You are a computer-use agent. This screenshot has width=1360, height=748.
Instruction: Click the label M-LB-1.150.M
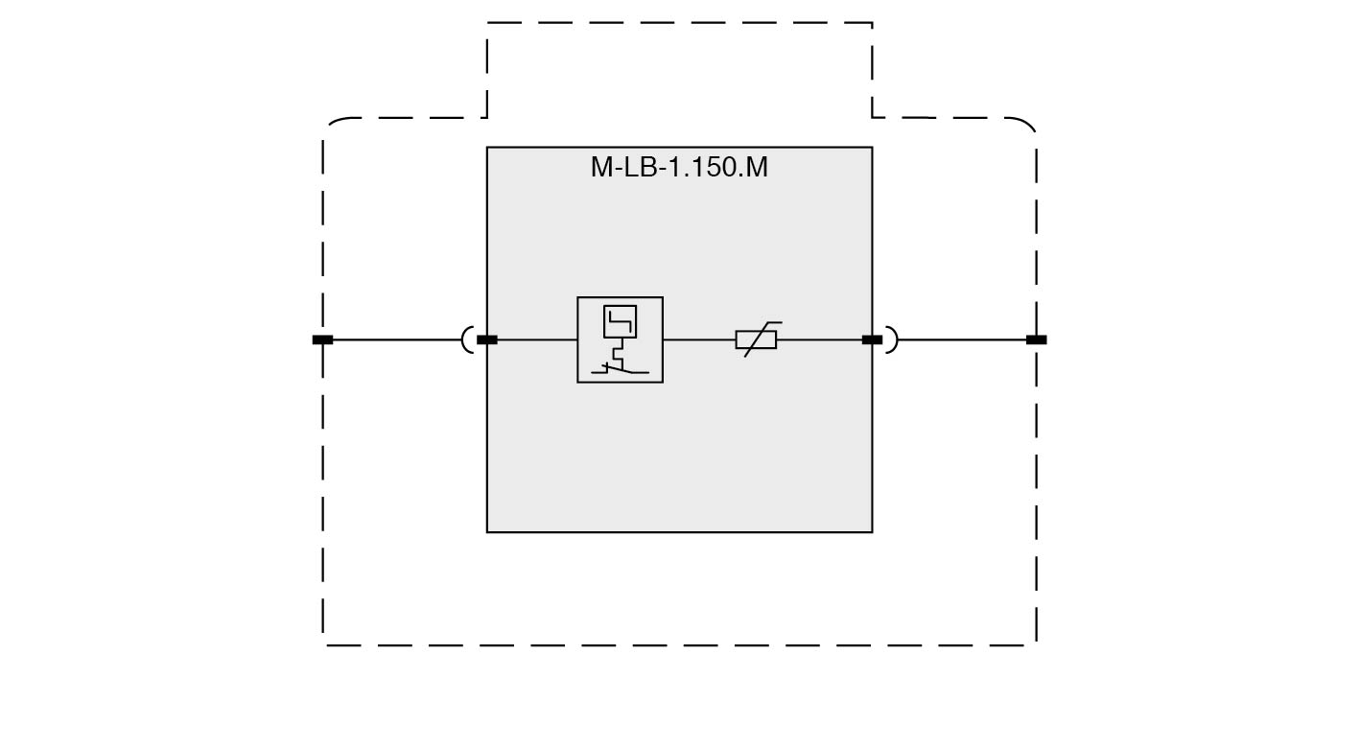[x=679, y=167]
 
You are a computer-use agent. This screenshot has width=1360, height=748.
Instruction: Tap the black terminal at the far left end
[x=322, y=340]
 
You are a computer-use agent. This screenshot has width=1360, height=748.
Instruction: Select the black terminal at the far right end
[x=1037, y=340]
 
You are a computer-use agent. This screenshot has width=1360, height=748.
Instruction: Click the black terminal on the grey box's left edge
[x=487, y=340]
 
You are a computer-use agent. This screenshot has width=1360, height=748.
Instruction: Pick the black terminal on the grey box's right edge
[x=873, y=340]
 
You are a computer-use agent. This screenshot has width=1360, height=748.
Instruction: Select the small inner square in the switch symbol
[x=620, y=321]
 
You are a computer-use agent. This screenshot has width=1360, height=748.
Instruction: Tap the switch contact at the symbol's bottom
[x=620, y=368]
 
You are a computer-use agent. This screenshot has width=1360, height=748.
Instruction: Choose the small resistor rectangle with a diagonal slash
[x=756, y=340]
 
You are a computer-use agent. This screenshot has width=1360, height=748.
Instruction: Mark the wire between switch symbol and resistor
[x=699, y=340]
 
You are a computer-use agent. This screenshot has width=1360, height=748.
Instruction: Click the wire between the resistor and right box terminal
[x=819, y=340]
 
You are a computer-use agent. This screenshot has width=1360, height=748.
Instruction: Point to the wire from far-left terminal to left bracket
[x=397, y=340]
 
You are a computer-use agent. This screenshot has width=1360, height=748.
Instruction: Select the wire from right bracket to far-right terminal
[x=962, y=340]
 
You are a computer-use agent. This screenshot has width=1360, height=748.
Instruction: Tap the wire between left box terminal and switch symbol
[x=537, y=340]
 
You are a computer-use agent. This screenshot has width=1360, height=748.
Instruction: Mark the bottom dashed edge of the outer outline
[x=679, y=645]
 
